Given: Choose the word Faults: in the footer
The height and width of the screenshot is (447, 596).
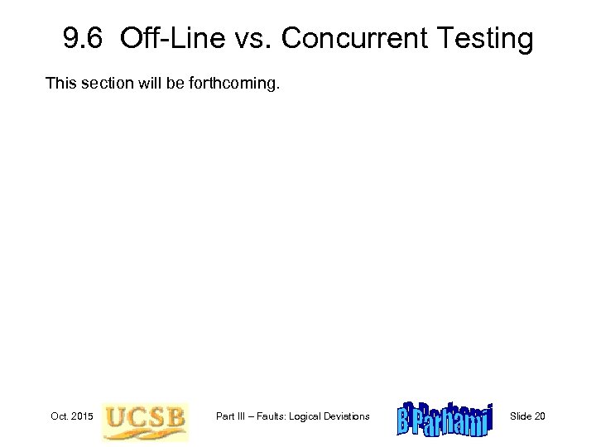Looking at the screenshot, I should (276, 416).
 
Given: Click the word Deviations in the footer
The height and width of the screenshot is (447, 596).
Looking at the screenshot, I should (350, 416).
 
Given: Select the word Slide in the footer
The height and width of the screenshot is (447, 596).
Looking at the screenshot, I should (521, 416).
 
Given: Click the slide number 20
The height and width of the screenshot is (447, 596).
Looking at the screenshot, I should (540, 416).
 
